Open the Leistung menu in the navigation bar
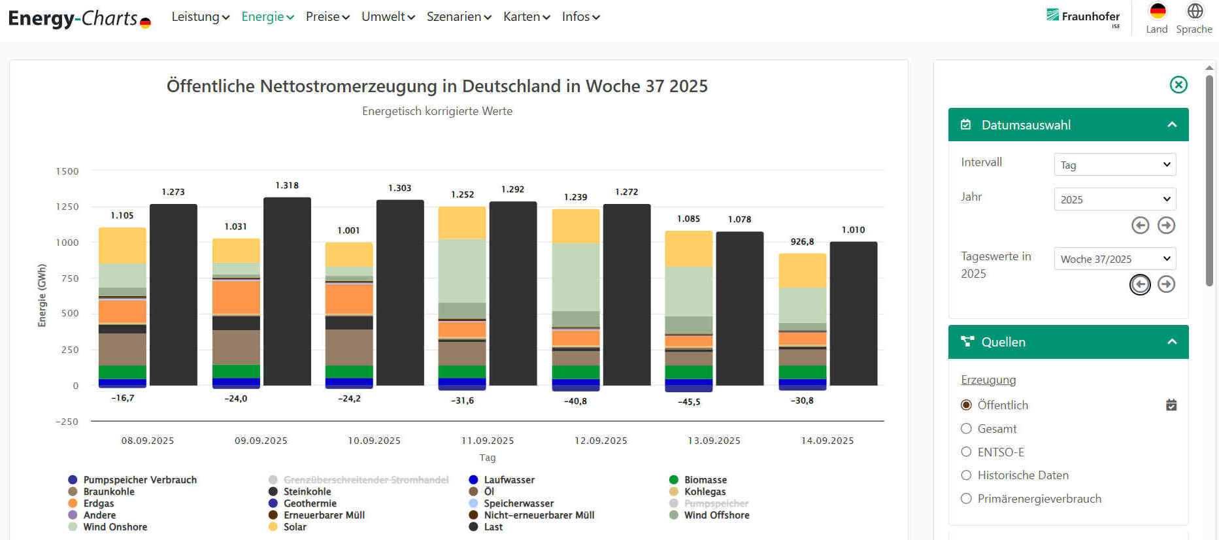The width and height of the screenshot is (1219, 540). pyautogui.click(x=200, y=17)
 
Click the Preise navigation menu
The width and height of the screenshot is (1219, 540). pyautogui.click(x=327, y=17)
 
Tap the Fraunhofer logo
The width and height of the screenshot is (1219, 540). pyautogui.click(x=1083, y=16)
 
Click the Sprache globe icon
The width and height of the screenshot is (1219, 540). pyautogui.click(x=1195, y=11)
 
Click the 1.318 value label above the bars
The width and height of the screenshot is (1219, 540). pyautogui.click(x=287, y=186)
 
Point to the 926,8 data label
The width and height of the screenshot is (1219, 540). pyautogui.click(x=802, y=242)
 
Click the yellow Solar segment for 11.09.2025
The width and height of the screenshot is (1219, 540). pyautogui.click(x=462, y=223)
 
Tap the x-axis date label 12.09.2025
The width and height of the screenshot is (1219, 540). pyautogui.click(x=601, y=441)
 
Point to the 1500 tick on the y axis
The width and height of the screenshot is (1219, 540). pyautogui.click(x=67, y=171)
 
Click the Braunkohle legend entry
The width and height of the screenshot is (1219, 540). pyautogui.click(x=109, y=492)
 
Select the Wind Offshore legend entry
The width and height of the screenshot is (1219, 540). pyautogui.click(x=716, y=515)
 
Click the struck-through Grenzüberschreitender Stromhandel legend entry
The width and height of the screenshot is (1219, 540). pyautogui.click(x=365, y=480)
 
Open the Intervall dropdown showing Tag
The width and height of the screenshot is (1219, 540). pyautogui.click(x=1114, y=165)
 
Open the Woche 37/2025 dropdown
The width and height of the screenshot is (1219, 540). pyautogui.click(x=1114, y=259)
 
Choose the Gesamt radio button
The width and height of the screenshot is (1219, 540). pyautogui.click(x=967, y=429)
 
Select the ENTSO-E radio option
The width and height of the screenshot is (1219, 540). pyautogui.click(x=967, y=452)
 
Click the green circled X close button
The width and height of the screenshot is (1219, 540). pyautogui.click(x=1178, y=85)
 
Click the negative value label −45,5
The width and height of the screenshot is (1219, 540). pyautogui.click(x=689, y=402)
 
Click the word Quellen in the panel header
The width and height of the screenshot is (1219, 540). pyautogui.click(x=1003, y=342)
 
